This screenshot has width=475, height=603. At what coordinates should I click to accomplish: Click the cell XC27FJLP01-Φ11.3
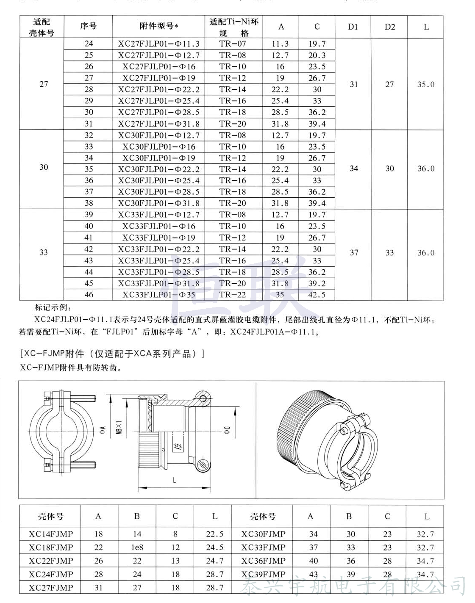click(x=159, y=44)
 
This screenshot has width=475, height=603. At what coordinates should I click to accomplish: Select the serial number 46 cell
click(x=89, y=295)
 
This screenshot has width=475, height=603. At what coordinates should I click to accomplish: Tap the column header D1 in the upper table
click(x=353, y=27)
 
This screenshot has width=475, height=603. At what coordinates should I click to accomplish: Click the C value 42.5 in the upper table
click(x=317, y=295)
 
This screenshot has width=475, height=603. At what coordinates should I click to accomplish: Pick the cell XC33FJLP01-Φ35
click(x=159, y=295)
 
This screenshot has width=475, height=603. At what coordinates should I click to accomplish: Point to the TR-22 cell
click(x=233, y=295)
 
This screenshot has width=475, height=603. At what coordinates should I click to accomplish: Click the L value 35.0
click(x=426, y=84)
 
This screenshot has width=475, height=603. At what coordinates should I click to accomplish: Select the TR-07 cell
click(x=233, y=44)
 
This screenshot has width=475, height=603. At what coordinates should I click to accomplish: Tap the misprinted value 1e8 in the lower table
click(x=137, y=548)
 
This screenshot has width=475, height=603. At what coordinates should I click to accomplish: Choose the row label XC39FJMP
click(x=263, y=575)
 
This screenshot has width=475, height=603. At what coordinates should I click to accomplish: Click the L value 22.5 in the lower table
click(x=215, y=534)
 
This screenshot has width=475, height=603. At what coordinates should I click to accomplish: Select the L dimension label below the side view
click(x=175, y=480)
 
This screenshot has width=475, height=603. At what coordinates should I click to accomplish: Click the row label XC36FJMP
click(x=263, y=561)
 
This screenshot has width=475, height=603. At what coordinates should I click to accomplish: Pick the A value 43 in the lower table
click(x=313, y=575)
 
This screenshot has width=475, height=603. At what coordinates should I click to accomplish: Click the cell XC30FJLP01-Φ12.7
click(x=159, y=136)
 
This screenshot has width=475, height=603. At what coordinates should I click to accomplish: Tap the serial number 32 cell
click(x=89, y=136)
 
